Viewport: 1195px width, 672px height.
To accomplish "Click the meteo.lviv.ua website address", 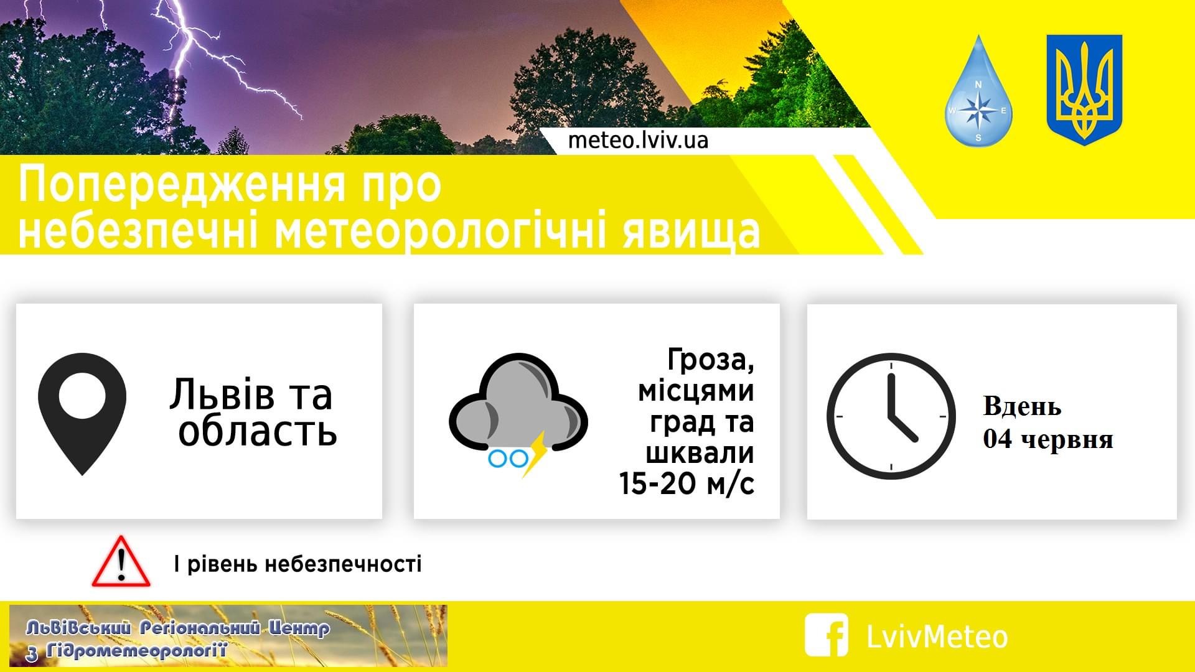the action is click(638, 141).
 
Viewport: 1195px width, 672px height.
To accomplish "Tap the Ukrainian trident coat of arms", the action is click(1084, 90).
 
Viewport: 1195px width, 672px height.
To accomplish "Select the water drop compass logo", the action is click(978, 91).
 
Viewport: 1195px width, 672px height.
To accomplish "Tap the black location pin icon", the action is click(82, 414).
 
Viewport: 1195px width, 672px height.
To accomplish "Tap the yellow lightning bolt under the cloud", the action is click(535, 453).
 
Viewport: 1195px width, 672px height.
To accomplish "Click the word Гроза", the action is click(710, 361).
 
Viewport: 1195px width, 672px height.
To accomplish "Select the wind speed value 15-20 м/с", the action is click(687, 483).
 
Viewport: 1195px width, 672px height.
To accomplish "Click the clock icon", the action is click(891, 416).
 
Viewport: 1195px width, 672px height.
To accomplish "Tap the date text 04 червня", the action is click(1048, 440).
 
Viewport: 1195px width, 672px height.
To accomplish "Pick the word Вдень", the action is click(1022, 407).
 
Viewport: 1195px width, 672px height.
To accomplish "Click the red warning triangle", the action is click(121, 561).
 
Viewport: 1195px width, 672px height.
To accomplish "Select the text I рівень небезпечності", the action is click(298, 564).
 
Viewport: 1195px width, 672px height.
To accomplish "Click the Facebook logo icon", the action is click(827, 635).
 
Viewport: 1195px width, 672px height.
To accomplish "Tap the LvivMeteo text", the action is click(937, 637).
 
